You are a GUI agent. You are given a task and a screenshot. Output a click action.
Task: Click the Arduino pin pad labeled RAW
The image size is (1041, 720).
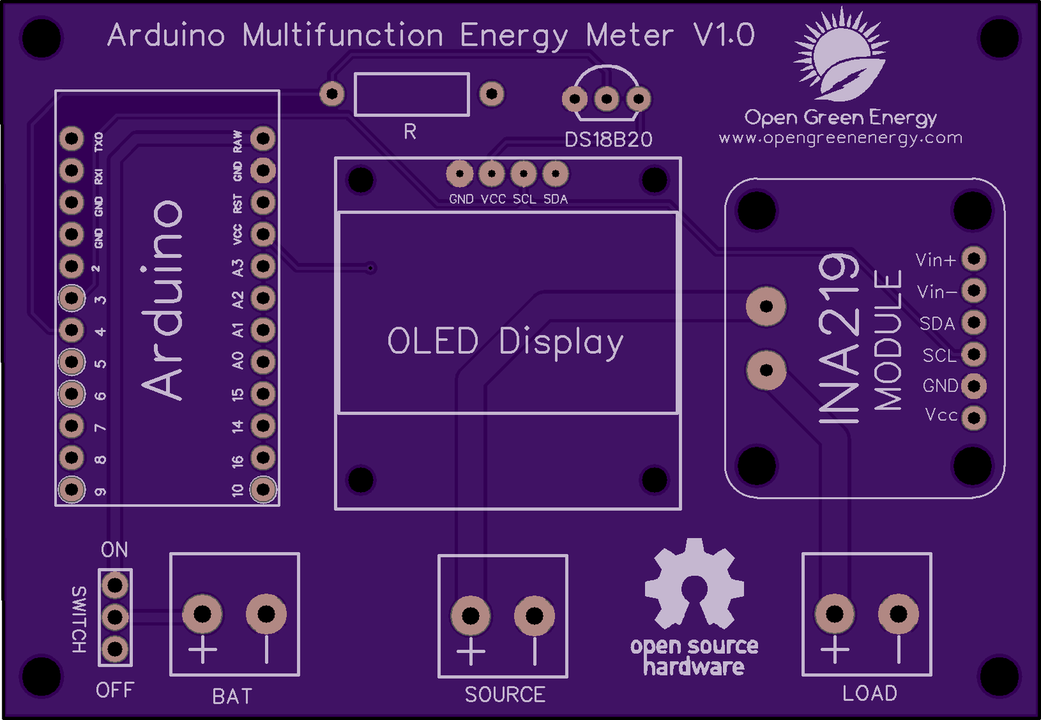pos(263,138)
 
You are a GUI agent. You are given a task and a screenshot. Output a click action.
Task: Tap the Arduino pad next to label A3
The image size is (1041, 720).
pos(263,266)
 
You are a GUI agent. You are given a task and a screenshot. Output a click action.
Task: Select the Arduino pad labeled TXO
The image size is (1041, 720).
pos(71,139)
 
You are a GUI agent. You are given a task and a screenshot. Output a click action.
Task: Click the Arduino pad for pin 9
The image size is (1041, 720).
pos(71,489)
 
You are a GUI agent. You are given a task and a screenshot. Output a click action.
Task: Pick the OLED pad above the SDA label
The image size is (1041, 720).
pos(556,173)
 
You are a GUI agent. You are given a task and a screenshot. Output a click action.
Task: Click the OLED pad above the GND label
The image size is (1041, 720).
pos(460,173)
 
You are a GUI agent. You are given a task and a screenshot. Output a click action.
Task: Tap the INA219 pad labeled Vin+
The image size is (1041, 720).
pos(974,259)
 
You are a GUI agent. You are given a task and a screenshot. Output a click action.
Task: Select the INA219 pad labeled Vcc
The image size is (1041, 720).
pos(974,418)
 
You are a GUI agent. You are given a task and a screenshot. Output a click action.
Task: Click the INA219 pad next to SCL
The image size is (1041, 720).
pos(974,354)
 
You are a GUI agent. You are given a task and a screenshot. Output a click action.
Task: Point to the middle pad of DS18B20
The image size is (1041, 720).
pos(606,98)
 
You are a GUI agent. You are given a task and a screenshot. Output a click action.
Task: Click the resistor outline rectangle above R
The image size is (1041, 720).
pos(411,94)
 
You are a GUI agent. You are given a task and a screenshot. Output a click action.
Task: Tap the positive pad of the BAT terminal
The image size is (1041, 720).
pos(203,614)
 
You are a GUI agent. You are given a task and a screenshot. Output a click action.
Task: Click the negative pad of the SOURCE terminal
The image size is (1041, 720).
pos(535,617)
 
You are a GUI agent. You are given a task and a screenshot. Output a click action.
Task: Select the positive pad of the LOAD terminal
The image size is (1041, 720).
pos(835,614)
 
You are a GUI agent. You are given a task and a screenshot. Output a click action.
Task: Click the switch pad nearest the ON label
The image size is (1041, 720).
pos(115,584)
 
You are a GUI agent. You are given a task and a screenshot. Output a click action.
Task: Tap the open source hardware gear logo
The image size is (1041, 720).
pos(694,583)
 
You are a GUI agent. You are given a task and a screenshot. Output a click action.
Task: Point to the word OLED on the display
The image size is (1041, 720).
pos(433,342)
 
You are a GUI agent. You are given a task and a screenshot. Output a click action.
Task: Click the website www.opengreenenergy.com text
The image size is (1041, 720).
pos(841,138)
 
